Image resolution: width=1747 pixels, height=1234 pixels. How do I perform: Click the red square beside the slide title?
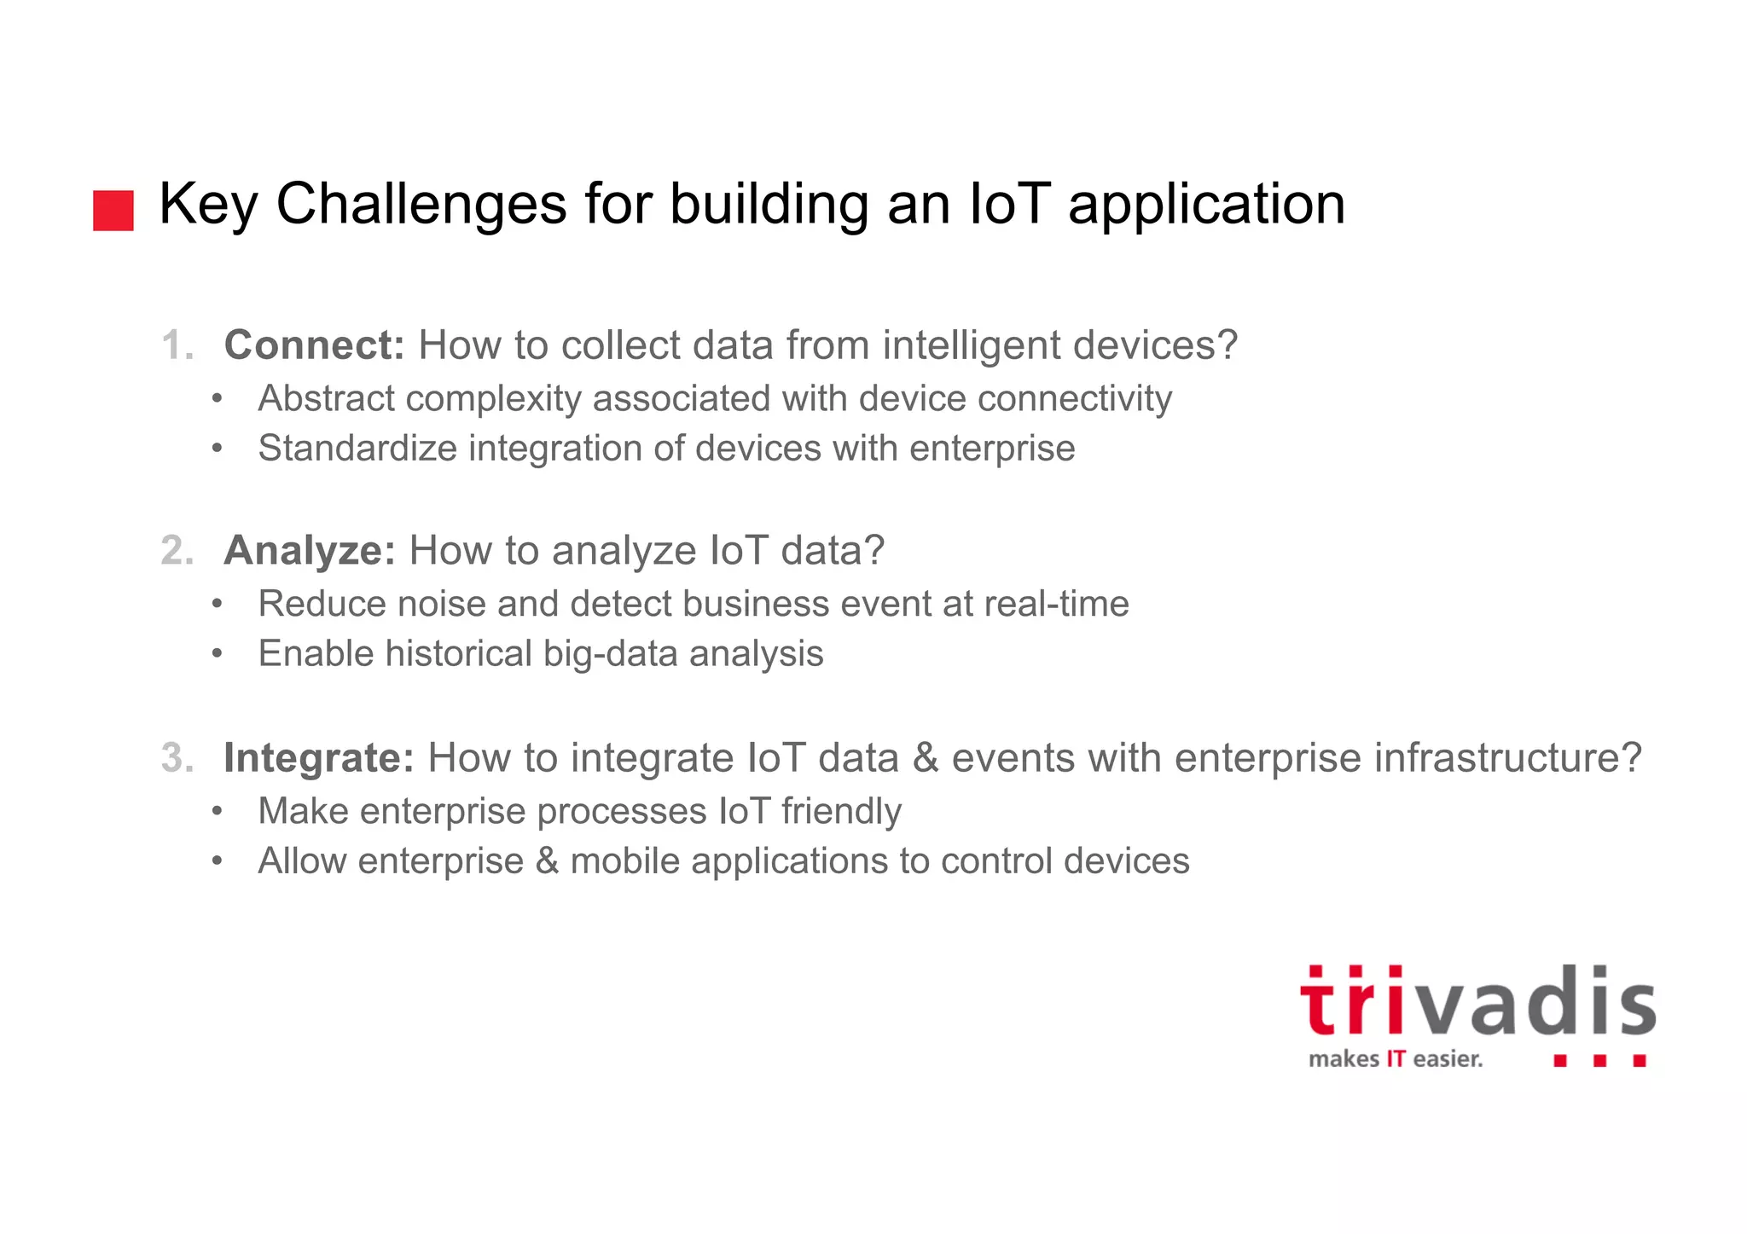pos(113,211)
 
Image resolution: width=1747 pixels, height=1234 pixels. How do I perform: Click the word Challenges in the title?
pos(421,205)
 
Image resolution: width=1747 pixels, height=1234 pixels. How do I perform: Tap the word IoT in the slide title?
pos(1008,205)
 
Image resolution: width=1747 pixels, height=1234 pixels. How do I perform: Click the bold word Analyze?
pos(310,551)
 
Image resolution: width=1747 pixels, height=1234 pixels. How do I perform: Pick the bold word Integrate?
pos(318,758)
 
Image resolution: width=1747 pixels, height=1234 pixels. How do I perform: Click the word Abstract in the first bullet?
pos(327,399)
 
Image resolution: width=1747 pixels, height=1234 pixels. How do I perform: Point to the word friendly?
pos(841,812)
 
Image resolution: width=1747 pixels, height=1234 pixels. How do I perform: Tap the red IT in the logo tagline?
pos(1396,1059)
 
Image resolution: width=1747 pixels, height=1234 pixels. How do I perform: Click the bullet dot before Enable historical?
pos(218,654)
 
